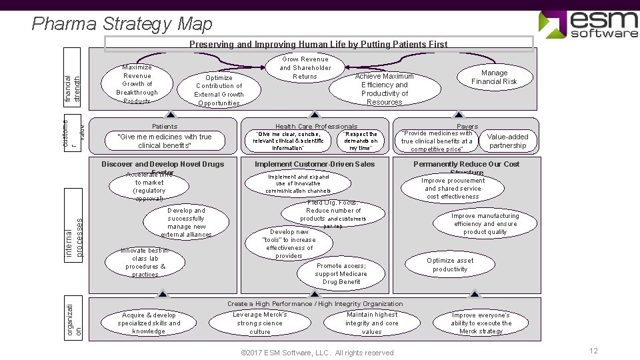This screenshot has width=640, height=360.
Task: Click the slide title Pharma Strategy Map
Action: (x=122, y=24)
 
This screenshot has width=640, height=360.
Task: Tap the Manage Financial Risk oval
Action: (x=494, y=77)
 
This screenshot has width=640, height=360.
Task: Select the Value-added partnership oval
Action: (x=508, y=141)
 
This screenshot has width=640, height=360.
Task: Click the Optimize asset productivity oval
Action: (x=450, y=265)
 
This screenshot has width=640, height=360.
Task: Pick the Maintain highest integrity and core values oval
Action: (x=372, y=323)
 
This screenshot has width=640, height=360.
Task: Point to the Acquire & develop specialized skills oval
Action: (x=148, y=323)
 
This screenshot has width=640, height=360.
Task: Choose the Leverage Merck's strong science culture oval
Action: (x=260, y=323)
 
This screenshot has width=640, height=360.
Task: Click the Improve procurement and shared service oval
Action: (x=453, y=189)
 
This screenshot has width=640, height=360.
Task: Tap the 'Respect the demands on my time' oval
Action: (x=361, y=141)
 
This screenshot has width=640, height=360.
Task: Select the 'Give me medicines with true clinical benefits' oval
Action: (x=164, y=141)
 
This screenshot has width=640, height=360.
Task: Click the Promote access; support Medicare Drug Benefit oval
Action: (x=341, y=273)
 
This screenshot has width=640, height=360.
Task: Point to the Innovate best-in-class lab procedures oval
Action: (x=145, y=263)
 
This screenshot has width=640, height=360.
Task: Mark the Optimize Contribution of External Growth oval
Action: (x=219, y=90)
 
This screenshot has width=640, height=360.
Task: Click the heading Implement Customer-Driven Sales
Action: (x=315, y=164)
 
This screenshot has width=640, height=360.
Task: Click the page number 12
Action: (x=593, y=351)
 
